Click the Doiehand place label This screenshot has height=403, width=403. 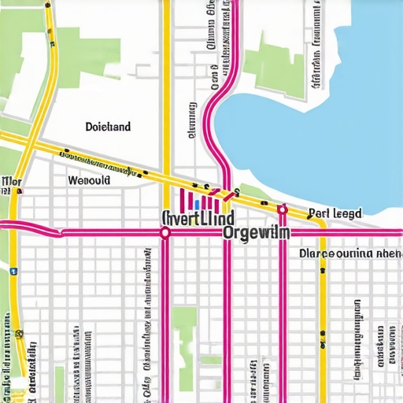coord(108,126)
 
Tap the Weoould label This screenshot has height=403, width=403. coord(90,180)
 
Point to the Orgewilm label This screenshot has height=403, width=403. coord(257,233)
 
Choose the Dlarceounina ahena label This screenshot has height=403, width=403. coord(350,254)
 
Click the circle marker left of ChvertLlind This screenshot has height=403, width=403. coord(165,233)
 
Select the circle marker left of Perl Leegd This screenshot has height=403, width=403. coord(282,210)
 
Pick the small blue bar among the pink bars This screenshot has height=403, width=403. coord(196,203)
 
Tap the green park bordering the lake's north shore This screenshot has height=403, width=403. coord(272,55)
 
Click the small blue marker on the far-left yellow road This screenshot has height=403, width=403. coord(13,271)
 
